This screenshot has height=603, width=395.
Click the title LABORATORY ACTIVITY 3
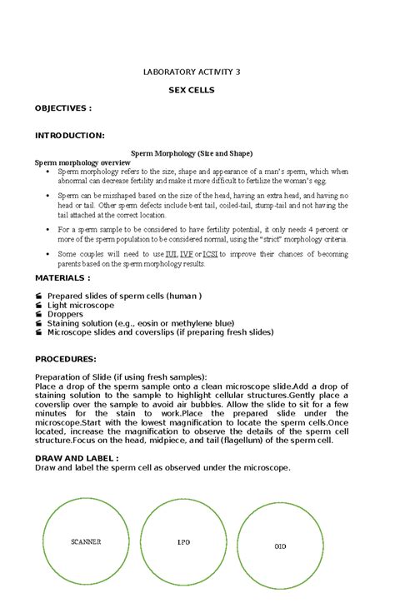(192, 72)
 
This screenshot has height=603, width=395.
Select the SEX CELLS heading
(192, 90)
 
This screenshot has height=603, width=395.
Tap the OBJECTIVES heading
(62, 108)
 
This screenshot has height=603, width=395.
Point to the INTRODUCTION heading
(69, 135)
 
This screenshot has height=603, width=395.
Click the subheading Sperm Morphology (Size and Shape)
(192, 154)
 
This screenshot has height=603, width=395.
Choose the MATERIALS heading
(62, 279)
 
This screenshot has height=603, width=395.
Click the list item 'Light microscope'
(81, 306)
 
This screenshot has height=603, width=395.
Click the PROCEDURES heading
(66, 359)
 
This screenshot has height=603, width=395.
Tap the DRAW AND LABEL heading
(77, 458)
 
